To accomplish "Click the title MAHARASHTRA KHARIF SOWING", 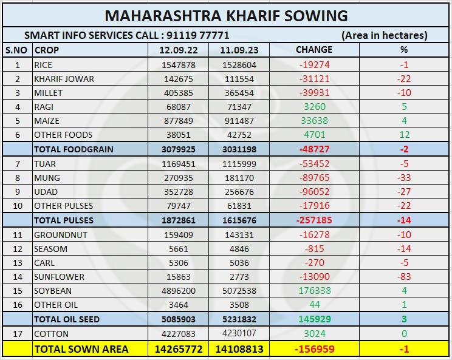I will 226,15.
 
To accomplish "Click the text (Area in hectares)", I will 384,35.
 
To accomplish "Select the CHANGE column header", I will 313,49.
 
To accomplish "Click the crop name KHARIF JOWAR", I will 64,78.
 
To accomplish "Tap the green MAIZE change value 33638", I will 314,120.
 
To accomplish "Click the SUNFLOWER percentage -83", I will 403,277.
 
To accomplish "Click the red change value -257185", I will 313,220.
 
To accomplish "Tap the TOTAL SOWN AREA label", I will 81,348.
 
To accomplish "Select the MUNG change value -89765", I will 313,178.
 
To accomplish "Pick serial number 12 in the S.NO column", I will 17,249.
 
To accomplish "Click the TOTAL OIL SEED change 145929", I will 313,319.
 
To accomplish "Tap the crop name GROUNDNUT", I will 61,235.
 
